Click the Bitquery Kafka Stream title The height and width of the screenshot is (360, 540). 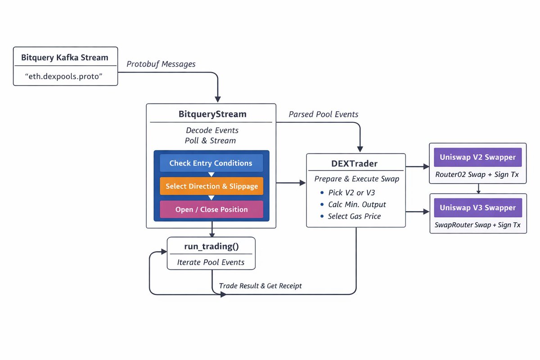click(x=65, y=58)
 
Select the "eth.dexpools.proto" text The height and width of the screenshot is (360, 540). click(x=65, y=76)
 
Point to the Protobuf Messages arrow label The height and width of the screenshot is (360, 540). click(x=161, y=64)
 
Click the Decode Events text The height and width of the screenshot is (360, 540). click(x=212, y=130)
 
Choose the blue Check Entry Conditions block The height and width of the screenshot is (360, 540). click(x=211, y=163)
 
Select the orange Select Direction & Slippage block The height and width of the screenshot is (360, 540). click(x=211, y=186)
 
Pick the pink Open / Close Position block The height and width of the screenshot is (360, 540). click(x=211, y=209)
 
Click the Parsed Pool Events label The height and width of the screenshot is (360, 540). click(x=324, y=114)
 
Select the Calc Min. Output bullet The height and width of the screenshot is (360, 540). click(x=357, y=204)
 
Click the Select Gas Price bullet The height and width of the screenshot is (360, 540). click(x=354, y=216)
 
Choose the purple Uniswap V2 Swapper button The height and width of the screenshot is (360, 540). click(x=477, y=157)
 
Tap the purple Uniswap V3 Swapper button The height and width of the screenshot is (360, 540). click(x=477, y=207)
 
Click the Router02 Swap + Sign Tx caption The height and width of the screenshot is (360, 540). click(x=477, y=175)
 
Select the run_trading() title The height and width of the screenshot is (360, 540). click(x=211, y=246)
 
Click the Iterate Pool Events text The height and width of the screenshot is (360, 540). click(x=211, y=262)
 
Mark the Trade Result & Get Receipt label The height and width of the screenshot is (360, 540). click(x=260, y=286)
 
